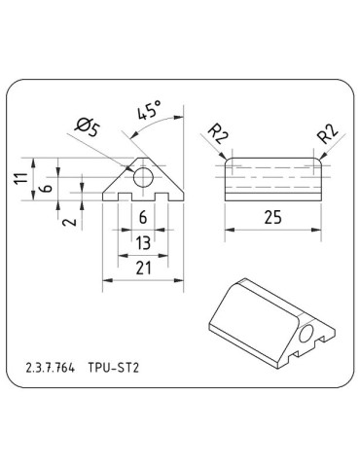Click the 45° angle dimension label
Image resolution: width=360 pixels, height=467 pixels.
pos(149,113)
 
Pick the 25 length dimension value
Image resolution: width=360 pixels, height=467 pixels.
pos(273,218)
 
